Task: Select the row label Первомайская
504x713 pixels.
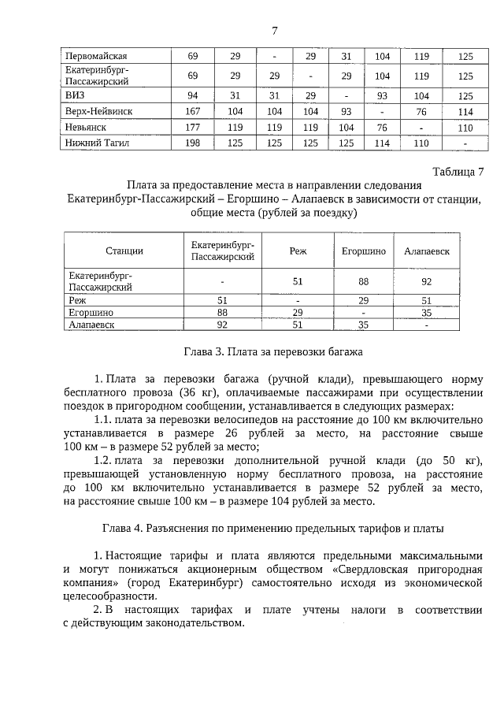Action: [x=97, y=57]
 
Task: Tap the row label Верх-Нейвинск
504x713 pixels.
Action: [x=98, y=111]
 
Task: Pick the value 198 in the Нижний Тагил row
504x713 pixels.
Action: [x=192, y=143]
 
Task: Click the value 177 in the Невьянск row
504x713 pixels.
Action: [x=192, y=127]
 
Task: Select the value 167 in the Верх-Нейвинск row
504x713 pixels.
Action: [x=192, y=111]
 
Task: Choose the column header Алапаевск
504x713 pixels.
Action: [x=426, y=251]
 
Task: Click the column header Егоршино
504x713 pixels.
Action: [x=364, y=251]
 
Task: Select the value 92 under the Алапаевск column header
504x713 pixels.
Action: [x=426, y=280]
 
